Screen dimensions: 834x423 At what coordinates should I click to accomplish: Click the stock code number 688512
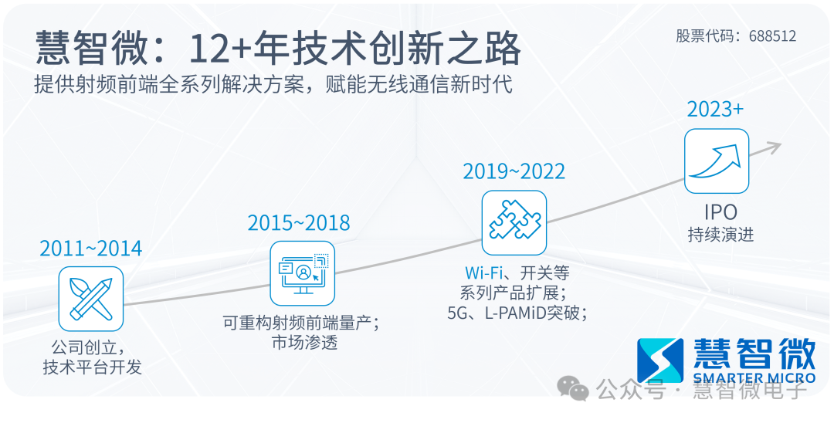click(772, 36)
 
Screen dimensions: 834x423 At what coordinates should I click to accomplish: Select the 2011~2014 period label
click(91, 249)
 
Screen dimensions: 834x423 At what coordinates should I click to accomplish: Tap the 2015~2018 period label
click(299, 223)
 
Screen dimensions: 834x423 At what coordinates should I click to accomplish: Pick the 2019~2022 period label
click(514, 171)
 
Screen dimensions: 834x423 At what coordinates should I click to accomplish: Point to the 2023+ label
click(715, 110)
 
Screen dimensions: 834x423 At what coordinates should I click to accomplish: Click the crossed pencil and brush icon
click(91, 299)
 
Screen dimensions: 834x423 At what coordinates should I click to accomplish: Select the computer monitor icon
click(303, 274)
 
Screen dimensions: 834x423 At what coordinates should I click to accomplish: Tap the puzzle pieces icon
click(514, 222)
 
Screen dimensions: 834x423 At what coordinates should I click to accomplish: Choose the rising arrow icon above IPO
click(717, 161)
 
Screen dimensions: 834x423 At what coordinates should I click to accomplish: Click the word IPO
click(720, 212)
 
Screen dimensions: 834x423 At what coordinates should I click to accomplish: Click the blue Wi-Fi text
click(483, 273)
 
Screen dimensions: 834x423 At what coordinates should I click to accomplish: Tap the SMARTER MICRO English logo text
click(754, 378)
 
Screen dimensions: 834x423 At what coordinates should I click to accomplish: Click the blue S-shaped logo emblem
click(660, 360)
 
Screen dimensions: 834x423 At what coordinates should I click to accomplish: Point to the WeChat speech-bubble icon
click(573, 388)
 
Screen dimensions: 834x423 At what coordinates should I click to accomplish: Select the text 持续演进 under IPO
click(720, 235)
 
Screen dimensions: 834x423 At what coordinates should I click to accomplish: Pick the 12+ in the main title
click(220, 49)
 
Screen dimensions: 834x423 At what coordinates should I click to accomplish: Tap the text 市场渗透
click(305, 342)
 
